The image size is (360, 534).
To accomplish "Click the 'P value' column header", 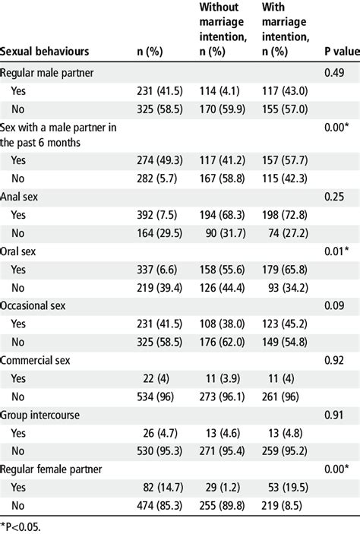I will (x=337, y=52).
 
